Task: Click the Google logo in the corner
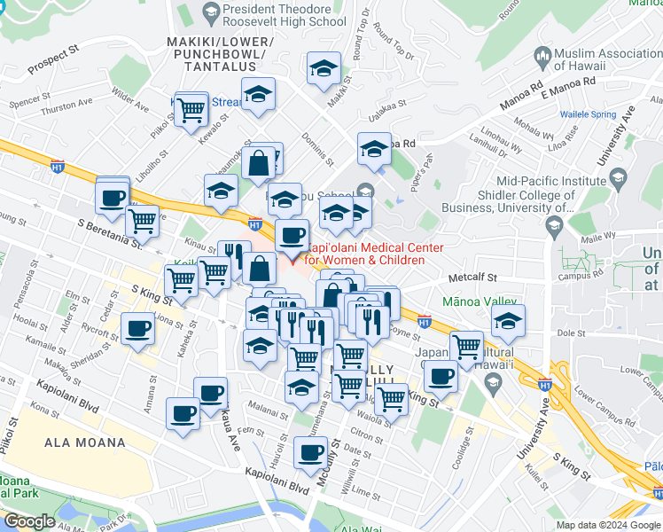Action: (30, 521)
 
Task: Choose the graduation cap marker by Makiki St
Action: (324, 69)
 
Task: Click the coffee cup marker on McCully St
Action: (310, 453)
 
